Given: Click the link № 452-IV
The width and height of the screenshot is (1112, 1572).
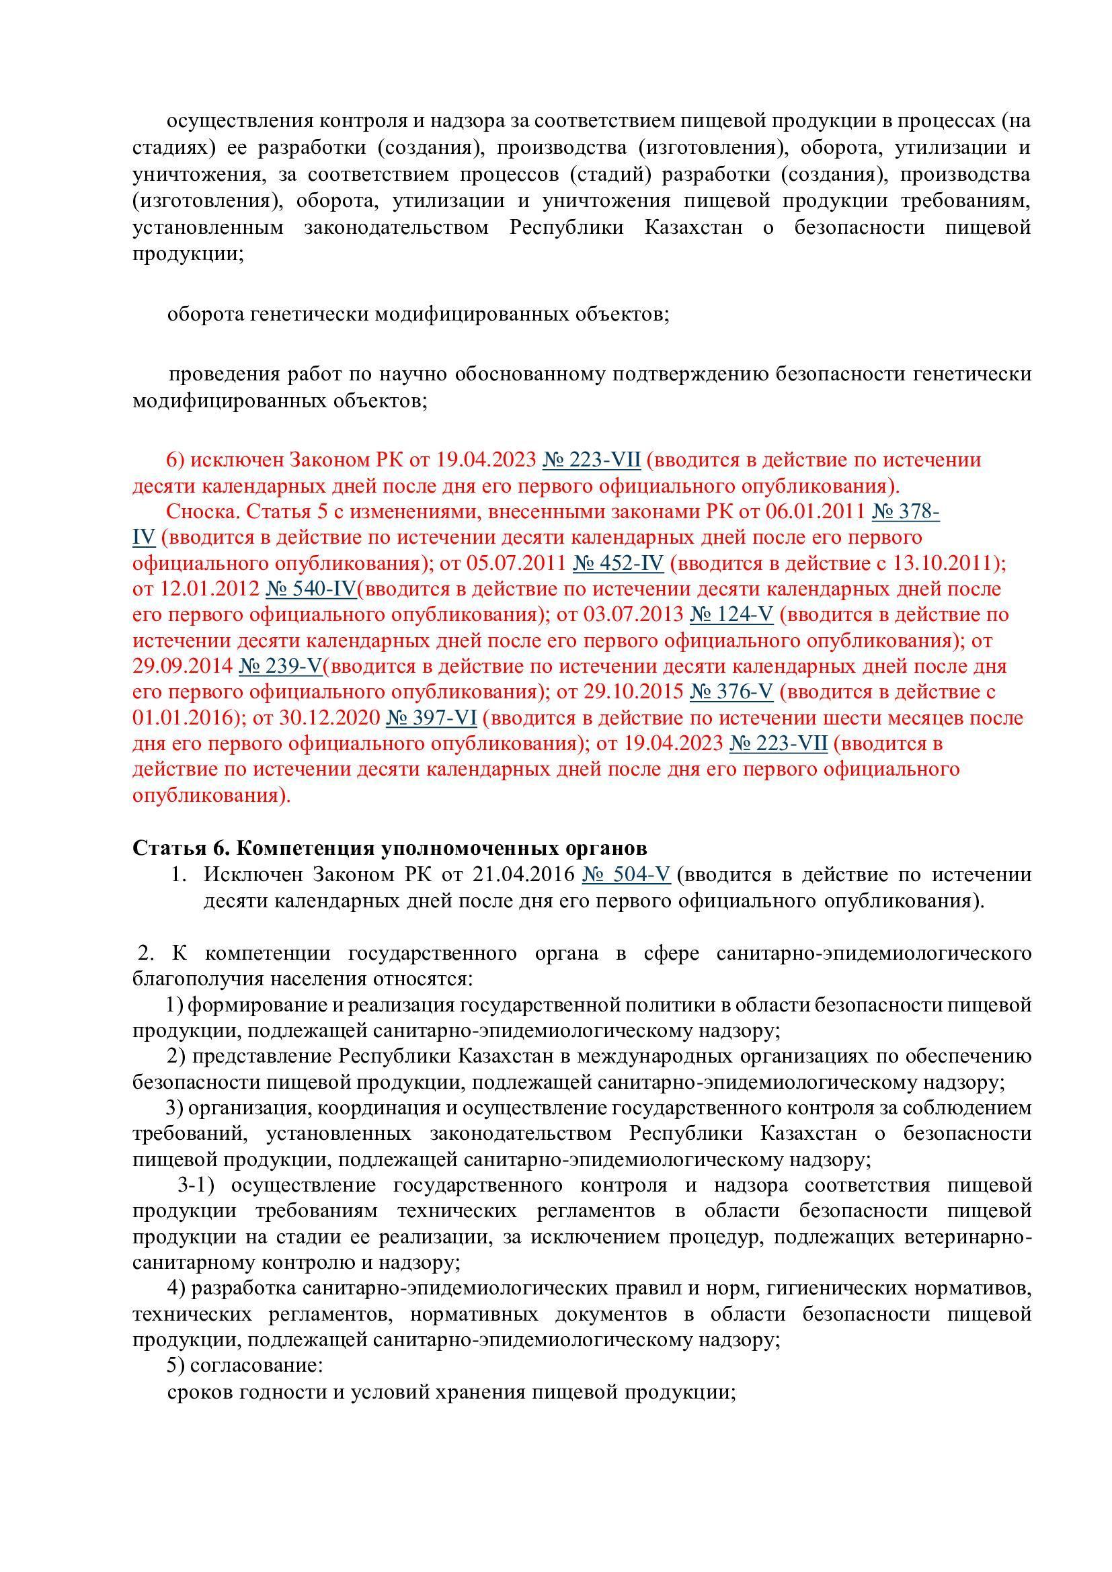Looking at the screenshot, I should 618,563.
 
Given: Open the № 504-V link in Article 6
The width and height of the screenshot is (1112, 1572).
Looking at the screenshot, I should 626,875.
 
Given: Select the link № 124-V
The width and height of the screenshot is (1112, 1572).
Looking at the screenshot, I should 731,615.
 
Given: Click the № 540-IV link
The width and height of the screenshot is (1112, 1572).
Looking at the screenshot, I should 311,589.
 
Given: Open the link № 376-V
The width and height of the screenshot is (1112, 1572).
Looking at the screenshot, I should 731,692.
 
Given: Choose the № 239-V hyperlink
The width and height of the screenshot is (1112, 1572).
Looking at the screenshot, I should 280,666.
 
